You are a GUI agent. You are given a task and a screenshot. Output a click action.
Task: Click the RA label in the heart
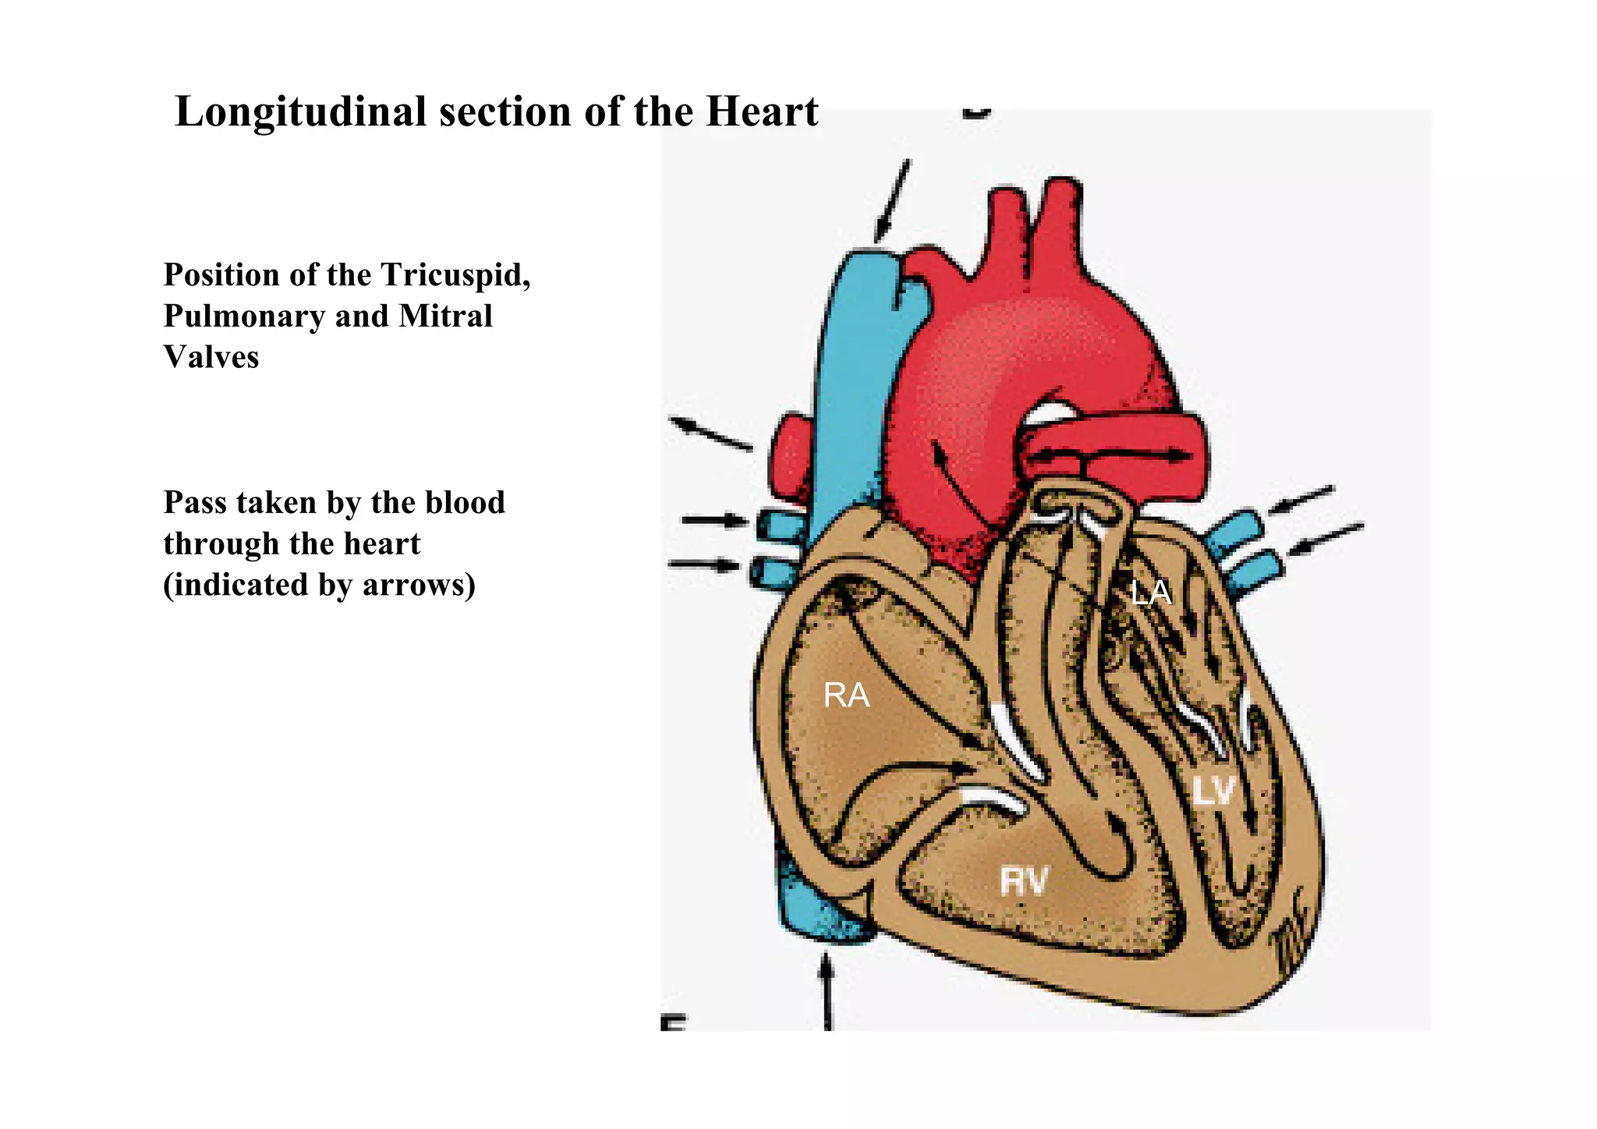pos(846,695)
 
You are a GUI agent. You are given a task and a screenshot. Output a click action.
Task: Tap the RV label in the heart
pos(1024,882)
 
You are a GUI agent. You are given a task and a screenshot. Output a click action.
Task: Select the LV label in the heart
pos(1214,791)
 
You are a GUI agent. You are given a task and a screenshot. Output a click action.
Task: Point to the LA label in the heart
pos(1151,593)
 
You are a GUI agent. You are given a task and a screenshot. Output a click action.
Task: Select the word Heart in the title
pos(762,111)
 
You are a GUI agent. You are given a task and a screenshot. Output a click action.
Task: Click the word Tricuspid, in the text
pos(455,275)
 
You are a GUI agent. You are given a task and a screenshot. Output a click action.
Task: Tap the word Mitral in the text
pos(445,316)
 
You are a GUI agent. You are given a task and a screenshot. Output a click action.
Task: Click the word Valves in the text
pos(211,357)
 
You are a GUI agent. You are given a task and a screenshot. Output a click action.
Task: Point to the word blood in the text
pos(466,502)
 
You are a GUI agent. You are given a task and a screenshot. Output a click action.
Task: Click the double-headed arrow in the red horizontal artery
pos(1112,455)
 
